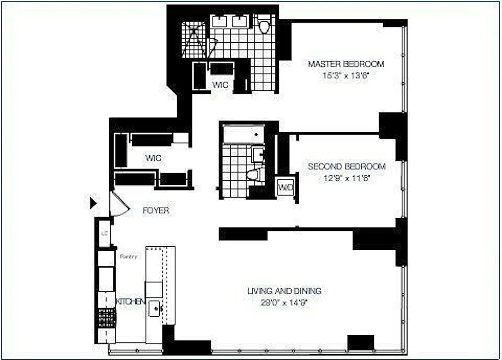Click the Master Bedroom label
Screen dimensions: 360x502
tap(345, 64)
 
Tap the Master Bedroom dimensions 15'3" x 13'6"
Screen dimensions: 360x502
tap(345, 76)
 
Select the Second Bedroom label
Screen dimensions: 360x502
tap(346, 166)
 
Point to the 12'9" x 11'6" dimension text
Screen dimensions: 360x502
tap(346, 178)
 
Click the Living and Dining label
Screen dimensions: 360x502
tap(284, 291)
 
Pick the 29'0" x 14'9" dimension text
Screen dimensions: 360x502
tap(284, 302)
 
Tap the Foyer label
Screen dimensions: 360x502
tap(156, 211)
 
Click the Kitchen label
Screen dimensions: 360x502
tap(130, 301)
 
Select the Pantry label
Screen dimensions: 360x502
tap(128, 256)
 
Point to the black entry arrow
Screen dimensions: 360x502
tap(93, 203)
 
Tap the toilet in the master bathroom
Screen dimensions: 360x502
tap(264, 26)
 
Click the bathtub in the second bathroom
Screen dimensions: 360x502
tap(243, 134)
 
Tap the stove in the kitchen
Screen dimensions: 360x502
tap(107, 318)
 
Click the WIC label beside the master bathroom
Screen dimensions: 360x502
tap(220, 85)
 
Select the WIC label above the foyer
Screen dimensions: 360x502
tap(153, 158)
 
